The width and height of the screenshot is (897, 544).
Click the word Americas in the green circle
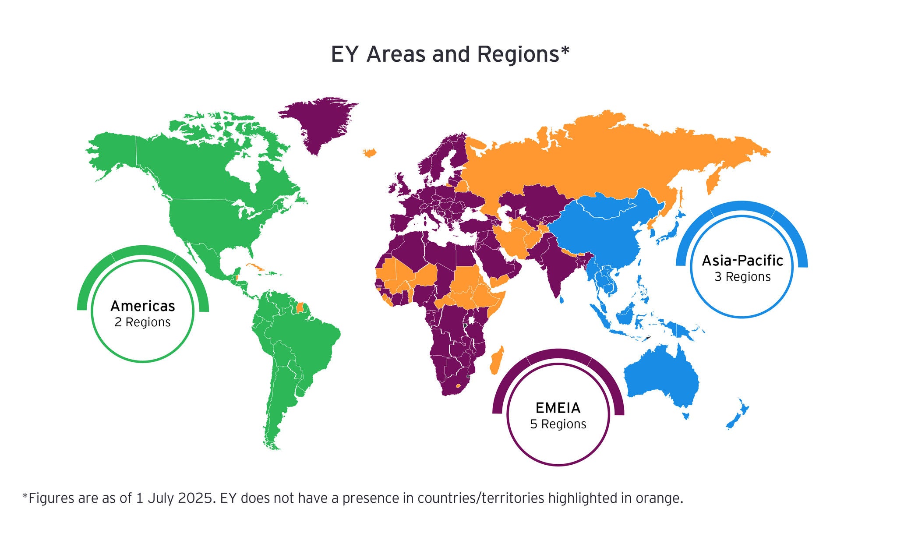pos(142,306)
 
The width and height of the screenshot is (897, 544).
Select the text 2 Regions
pos(142,322)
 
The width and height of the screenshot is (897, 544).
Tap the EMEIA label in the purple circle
pos(558,408)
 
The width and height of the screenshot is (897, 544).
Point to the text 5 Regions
pos(558,424)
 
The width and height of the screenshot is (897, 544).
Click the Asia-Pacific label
pos(742,261)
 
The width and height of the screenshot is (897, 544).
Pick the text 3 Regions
pos(742,277)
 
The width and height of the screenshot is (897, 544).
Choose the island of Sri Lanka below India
pos(561,300)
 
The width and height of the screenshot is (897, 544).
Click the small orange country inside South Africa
pos(458,386)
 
